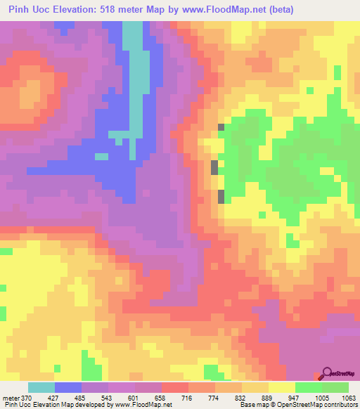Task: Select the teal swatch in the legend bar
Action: pyautogui.click(x=41, y=387)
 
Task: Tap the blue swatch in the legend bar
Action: pyautogui.click(x=68, y=387)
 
